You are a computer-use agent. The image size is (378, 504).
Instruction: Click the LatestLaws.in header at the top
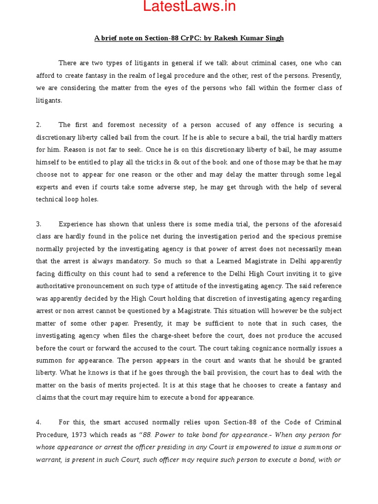(x=189, y=6)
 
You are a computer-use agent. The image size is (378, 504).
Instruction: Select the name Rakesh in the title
(x=235, y=38)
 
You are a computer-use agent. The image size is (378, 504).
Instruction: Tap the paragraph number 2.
(x=38, y=125)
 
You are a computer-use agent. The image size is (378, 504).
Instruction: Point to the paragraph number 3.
(x=38, y=224)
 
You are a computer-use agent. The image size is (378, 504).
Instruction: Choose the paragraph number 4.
(x=38, y=422)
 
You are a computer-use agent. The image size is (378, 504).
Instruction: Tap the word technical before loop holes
(x=50, y=199)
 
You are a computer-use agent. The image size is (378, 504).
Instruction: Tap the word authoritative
(x=60, y=286)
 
